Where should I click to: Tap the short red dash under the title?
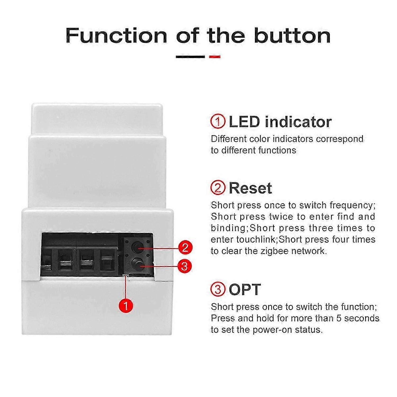[215, 57]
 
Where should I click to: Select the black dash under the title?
[190, 57]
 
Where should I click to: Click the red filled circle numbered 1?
[126, 306]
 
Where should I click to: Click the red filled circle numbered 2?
[185, 247]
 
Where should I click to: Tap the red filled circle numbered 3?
[184, 266]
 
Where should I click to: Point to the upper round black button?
[137, 247]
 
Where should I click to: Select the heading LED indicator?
[280, 122]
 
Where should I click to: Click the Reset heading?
[250, 188]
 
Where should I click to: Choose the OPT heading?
[245, 289]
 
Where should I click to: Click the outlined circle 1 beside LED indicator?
[218, 122]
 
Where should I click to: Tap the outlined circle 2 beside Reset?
[218, 188]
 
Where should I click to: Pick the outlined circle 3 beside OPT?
[218, 289]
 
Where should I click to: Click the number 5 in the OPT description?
[339, 318]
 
